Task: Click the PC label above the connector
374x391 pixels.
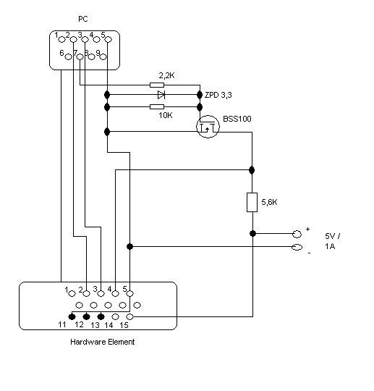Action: point(83,19)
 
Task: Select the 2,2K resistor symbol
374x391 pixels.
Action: point(157,85)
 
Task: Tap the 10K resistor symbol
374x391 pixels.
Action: point(157,107)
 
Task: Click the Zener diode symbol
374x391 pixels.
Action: point(161,95)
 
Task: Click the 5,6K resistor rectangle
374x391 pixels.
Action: point(252,202)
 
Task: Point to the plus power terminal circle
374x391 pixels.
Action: point(297,234)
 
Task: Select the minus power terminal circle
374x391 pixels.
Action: point(297,247)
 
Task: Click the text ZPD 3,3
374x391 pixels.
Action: point(218,95)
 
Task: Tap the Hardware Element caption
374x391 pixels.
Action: point(103,342)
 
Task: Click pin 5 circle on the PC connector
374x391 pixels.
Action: point(109,39)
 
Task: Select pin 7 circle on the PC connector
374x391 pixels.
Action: point(80,57)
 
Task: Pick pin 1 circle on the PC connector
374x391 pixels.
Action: point(61,39)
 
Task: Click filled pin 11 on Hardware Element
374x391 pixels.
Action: point(72,316)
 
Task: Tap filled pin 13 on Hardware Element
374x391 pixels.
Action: point(101,316)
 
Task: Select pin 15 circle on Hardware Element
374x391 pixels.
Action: point(129,316)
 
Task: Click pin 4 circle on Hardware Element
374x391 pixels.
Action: point(115,293)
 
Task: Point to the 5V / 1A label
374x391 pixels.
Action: point(332,241)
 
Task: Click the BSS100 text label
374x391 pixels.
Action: point(237,119)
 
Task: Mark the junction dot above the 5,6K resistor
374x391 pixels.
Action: point(252,170)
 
